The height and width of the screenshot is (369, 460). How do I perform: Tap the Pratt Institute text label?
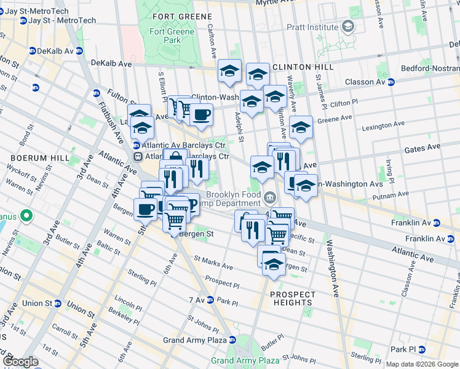(312, 27)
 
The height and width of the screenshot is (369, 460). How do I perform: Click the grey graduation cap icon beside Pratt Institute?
(349, 26)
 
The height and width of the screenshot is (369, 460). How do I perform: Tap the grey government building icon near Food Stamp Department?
(270, 198)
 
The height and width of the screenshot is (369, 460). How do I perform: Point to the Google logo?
(20, 362)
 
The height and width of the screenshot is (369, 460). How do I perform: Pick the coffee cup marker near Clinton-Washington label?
(201, 114)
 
